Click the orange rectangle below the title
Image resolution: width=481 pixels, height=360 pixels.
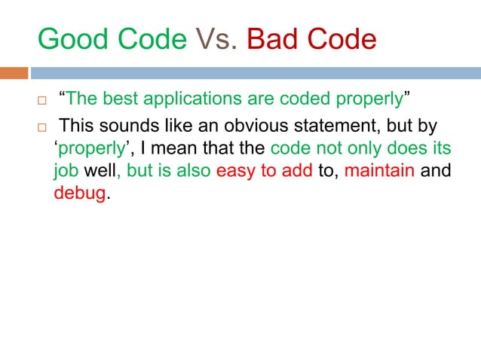[x=14, y=73]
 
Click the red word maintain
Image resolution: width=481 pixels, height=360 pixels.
[x=378, y=170]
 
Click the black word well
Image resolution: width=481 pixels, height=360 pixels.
[x=99, y=170]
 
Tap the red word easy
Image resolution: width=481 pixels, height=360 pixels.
[x=233, y=170]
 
